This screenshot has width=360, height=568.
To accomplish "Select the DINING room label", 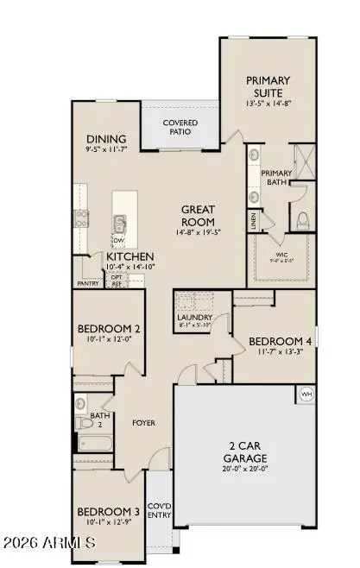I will pyautogui.click(x=107, y=140).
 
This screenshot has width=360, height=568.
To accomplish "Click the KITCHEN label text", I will pyautogui.click(x=130, y=257).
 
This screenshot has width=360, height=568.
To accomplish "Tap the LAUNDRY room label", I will pyautogui.click(x=194, y=317).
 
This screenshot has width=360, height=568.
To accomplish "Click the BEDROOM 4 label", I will pyautogui.click(x=279, y=342).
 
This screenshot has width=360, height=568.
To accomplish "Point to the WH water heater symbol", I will pyautogui.click(x=305, y=394).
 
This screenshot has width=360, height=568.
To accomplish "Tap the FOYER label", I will pyautogui.click(x=142, y=424).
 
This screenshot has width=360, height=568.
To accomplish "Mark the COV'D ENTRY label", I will pyautogui.click(x=160, y=510).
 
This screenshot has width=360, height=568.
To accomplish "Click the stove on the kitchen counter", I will pyautogui.click(x=81, y=217).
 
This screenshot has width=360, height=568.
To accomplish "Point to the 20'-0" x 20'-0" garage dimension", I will pyautogui.click(x=242, y=470).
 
